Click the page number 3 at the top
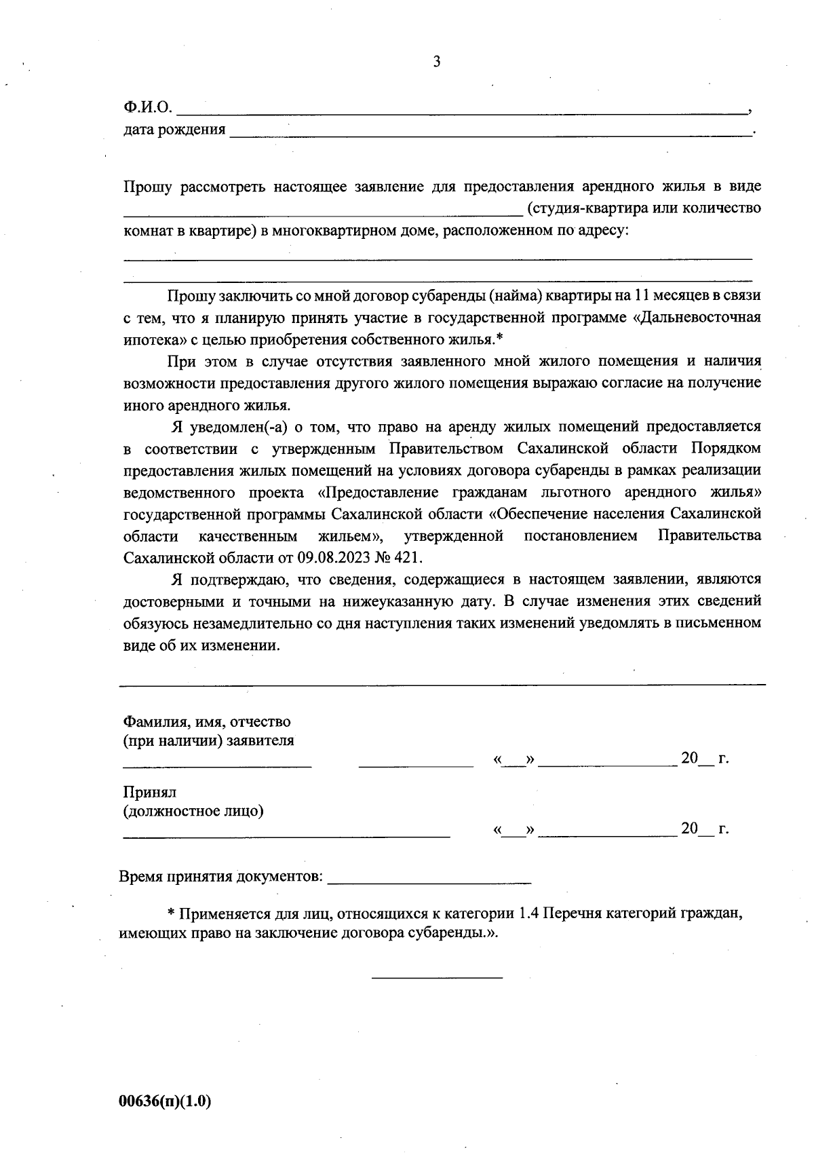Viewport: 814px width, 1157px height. [436, 62]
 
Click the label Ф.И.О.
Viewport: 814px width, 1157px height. [148, 107]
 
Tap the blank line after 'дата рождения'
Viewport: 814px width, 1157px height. [491, 134]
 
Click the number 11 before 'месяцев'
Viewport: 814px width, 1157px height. [642, 295]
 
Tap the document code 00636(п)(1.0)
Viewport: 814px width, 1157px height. [166, 1101]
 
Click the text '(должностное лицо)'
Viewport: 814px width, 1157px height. [193, 811]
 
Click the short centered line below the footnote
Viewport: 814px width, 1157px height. [437, 977]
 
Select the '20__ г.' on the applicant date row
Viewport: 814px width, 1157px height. [704, 759]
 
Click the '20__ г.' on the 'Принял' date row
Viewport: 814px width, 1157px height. [704, 829]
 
